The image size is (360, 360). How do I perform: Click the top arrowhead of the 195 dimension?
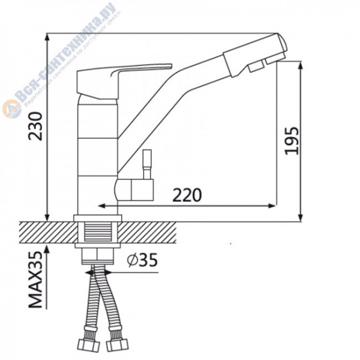299,64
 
